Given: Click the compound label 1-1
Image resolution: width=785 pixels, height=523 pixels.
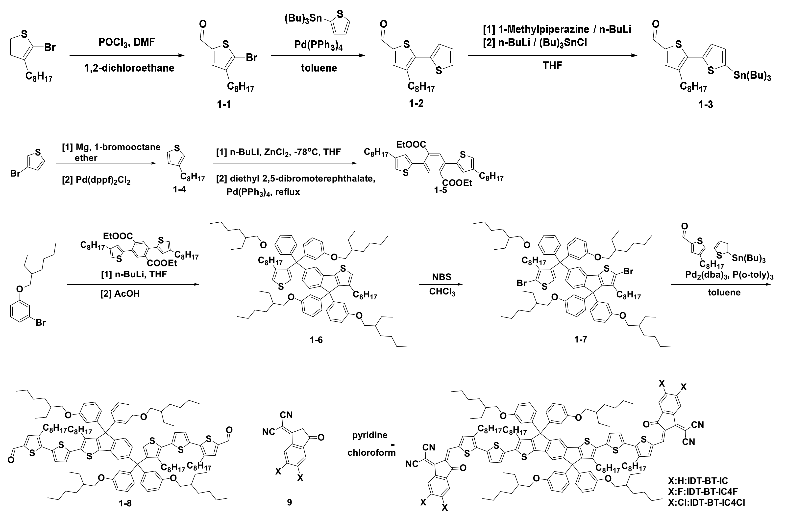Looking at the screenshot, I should (224, 105).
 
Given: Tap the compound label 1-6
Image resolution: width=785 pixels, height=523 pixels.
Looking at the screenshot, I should (316, 340).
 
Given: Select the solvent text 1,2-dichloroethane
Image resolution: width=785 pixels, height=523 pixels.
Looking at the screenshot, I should (129, 68).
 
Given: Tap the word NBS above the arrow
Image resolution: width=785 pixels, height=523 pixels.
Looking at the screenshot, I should (442, 277).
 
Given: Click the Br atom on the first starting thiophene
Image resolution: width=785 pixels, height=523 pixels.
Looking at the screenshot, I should (50, 48).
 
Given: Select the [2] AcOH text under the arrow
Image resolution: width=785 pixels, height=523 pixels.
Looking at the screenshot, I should (120, 294).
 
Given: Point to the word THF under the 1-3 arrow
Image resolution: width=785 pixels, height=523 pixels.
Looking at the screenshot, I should (552, 66).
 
